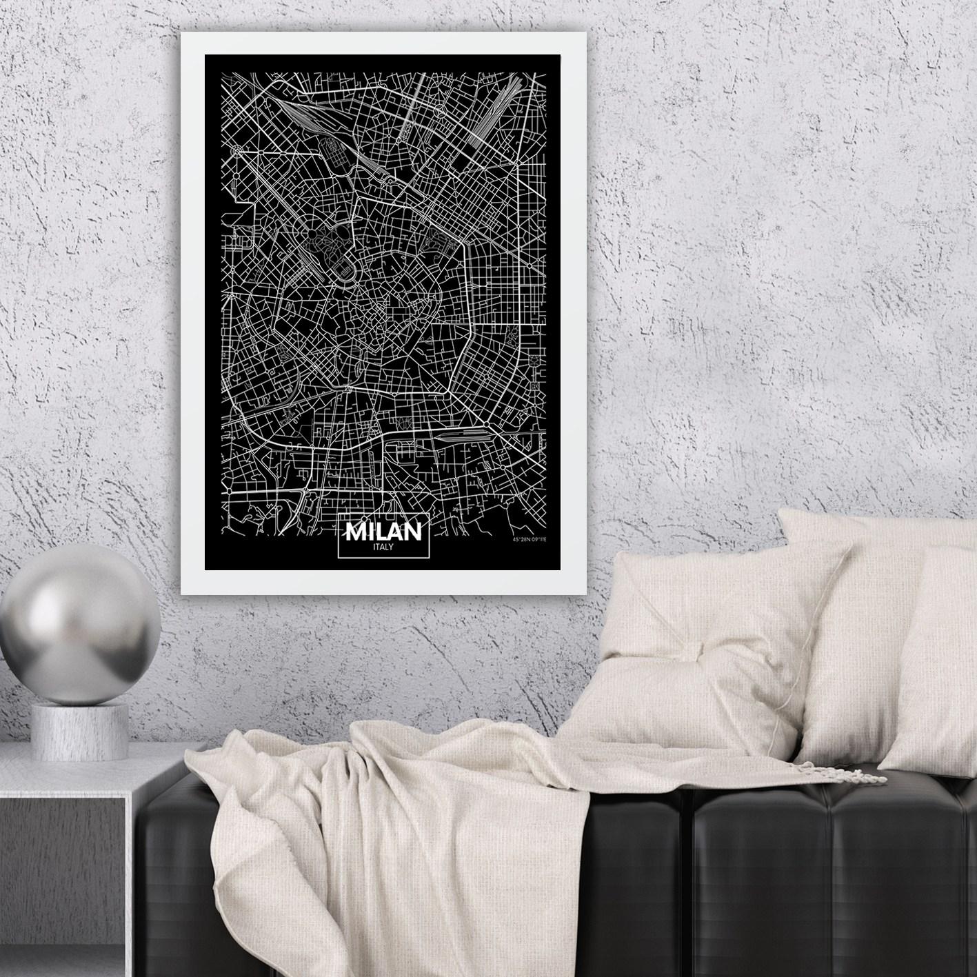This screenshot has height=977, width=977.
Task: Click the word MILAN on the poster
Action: click(384, 532)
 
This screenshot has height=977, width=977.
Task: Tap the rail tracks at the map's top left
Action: click(296, 114)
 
